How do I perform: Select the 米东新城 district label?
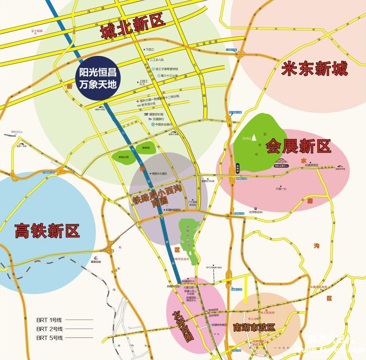coord(314,68)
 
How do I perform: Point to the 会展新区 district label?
coord(298,146)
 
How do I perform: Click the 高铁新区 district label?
coord(47,231)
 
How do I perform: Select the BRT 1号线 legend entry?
coord(49,320)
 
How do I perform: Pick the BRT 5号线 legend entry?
coord(49,338)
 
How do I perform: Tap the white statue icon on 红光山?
coord(254,137)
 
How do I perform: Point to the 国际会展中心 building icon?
coord(281,161)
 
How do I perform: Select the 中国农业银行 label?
coord(163,124)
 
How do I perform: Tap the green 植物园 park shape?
coord(146,148)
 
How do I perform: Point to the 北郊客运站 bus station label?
coord(255,212)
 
